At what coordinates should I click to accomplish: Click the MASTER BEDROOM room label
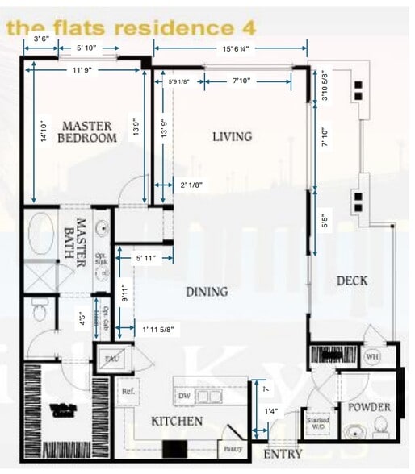88,131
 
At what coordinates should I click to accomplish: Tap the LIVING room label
232,136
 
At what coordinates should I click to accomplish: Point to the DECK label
352,281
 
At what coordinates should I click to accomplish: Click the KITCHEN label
177,422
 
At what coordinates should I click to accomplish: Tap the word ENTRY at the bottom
283,455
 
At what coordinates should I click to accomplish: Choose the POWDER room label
368,407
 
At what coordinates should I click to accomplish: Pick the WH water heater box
372,355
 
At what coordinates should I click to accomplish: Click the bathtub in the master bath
41,234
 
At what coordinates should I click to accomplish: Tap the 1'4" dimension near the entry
271,412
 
